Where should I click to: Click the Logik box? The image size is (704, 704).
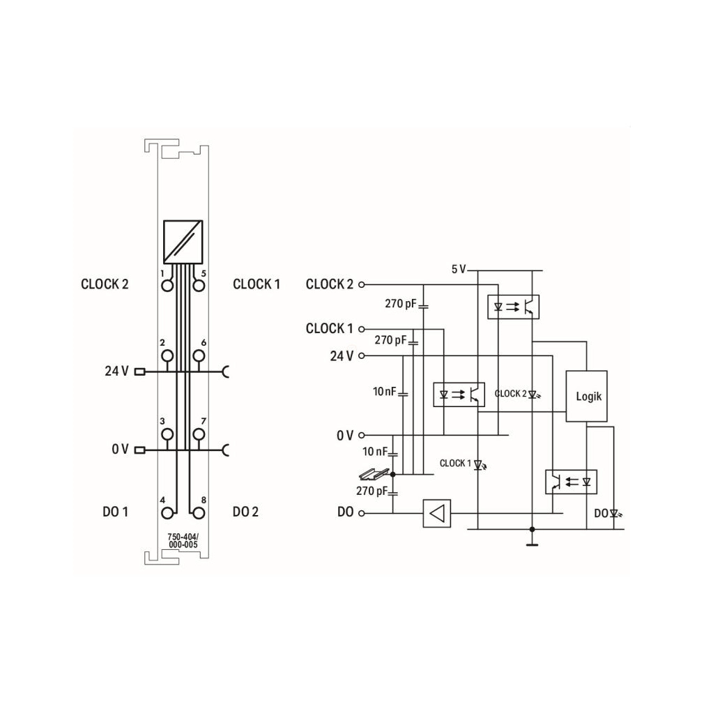(586, 396)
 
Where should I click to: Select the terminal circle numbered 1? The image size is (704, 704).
(167, 286)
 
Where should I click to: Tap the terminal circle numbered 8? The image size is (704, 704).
(199, 513)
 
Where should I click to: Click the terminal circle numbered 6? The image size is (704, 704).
(199, 356)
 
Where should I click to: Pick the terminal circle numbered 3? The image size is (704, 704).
(167, 434)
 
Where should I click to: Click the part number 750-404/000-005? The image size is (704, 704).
(183, 541)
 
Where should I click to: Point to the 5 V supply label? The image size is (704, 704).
(459, 269)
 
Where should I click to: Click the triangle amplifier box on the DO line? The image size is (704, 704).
(437, 513)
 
